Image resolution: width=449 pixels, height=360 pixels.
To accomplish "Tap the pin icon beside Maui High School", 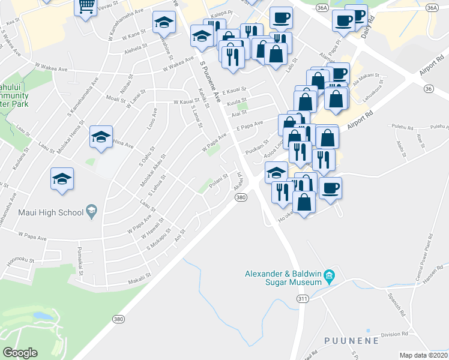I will click(x=91, y=211).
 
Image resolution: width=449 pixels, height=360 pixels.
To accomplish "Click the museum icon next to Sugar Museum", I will click(x=329, y=277).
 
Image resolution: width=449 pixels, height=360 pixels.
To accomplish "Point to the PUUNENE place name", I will click(x=351, y=341).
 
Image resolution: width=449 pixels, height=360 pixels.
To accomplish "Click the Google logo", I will click(x=20, y=353).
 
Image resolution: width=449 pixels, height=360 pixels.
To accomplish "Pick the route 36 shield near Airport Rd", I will click(x=428, y=88).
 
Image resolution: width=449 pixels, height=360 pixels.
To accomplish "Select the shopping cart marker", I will click(x=86, y=6).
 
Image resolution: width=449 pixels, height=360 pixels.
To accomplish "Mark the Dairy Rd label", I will click(x=369, y=26).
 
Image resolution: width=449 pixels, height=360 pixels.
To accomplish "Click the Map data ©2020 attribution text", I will click(x=424, y=355).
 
